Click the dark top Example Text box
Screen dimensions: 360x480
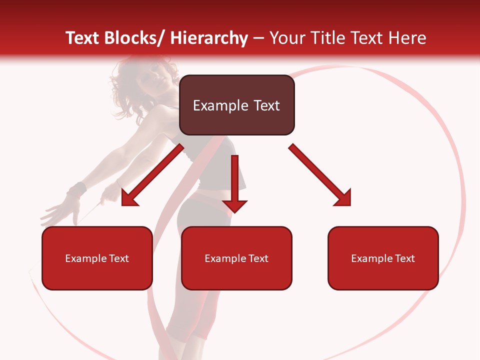click(236, 105)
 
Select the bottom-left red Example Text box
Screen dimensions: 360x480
click(97, 258)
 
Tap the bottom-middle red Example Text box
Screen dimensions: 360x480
click(236, 258)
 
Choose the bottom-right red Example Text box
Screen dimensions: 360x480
click(383, 258)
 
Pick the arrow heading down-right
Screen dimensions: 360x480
click(320, 174)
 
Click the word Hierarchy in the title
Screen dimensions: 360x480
click(208, 38)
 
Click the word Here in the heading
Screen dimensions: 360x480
click(407, 38)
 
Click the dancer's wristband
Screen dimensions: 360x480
click(76, 190)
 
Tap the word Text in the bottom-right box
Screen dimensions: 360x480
click(405, 258)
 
